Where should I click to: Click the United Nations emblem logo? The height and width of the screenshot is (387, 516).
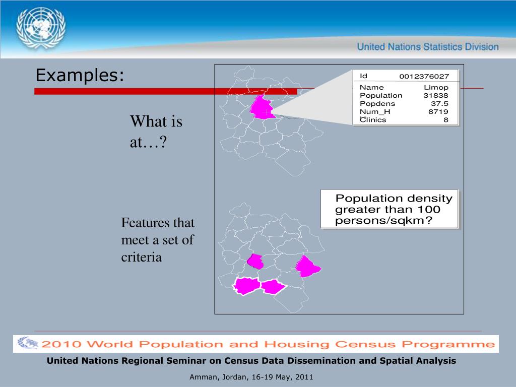pyautogui.click(x=41, y=28)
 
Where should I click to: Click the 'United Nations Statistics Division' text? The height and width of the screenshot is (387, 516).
pyautogui.click(x=428, y=47)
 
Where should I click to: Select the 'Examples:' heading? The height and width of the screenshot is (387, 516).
pyautogui.click(x=80, y=75)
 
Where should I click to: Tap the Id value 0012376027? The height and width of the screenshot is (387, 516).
pyautogui.click(x=424, y=77)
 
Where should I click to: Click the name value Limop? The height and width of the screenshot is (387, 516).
pyautogui.click(x=436, y=87)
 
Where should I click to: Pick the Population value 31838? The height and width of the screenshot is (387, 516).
pyautogui.click(x=436, y=95)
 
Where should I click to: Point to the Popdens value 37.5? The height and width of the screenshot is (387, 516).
pyautogui.click(x=439, y=104)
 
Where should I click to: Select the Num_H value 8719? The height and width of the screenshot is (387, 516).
pyautogui.click(x=438, y=111)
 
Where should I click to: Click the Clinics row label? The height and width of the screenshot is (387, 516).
pyautogui.click(x=373, y=120)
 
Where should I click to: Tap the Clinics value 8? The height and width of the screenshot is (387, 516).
pyautogui.click(x=446, y=120)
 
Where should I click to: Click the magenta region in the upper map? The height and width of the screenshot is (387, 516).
pyautogui.click(x=262, y=107)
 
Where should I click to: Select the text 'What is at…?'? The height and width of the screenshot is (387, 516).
pyautogui.click(x=156, y=132)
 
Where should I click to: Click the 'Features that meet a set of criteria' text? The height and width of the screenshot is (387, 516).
pyautogui.click(x=158, y=239)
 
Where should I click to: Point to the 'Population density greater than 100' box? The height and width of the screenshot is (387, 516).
pyautogui.click(x=390, y=209)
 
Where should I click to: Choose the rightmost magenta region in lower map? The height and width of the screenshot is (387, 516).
pyautogui.click(x=308, y=266)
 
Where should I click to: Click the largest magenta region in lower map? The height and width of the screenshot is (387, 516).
pyautogui.click(x=247, y=286)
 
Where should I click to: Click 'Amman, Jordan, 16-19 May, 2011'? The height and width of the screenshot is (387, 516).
pyautogui.click(x=251, y=377)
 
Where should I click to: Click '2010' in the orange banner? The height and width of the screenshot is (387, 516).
pyautogui.click(x=61, y=344)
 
